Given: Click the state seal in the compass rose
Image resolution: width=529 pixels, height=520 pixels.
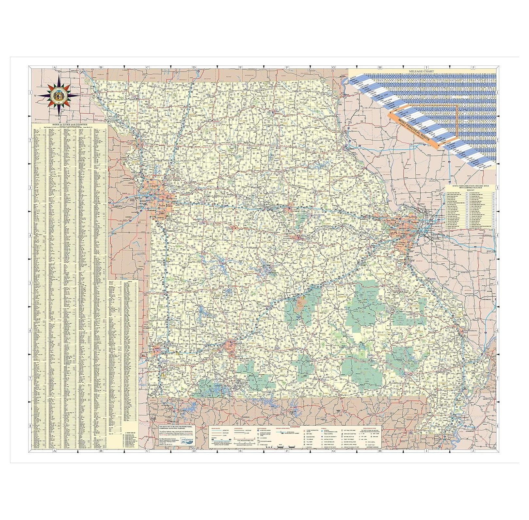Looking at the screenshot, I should point(59,96).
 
